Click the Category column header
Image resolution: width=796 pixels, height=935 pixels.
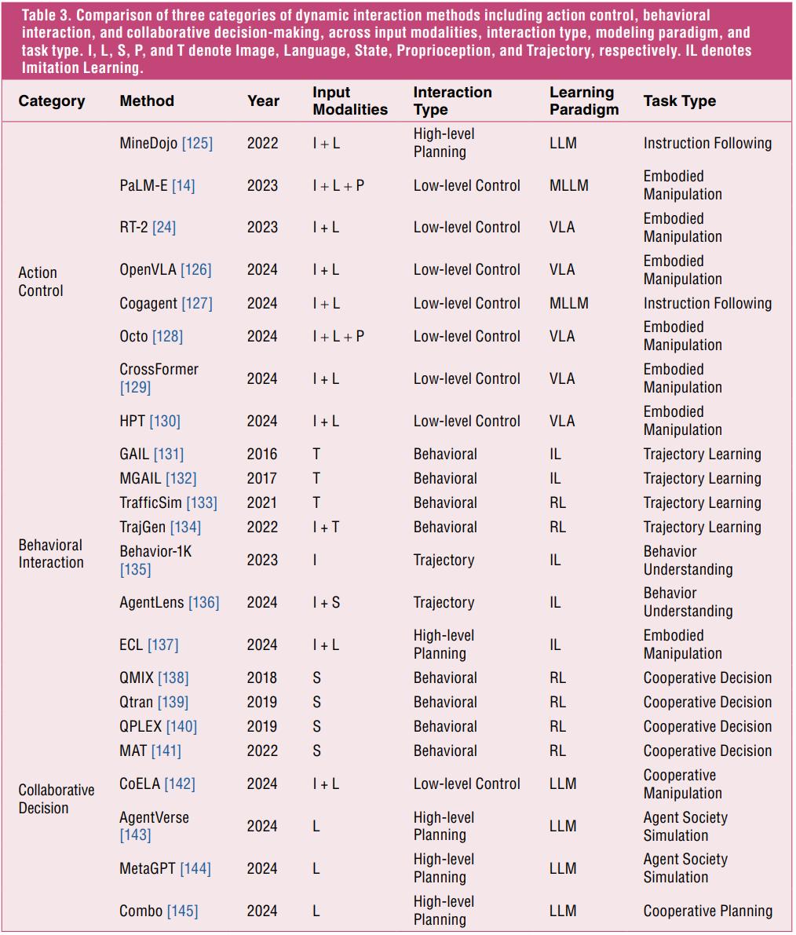(52, 100)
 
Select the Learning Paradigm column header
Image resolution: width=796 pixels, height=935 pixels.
(584, 100)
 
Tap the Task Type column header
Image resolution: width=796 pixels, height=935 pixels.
(680, 100)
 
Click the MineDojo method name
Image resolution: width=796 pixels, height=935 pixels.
(148, 143)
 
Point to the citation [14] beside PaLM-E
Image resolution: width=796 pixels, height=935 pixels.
(184, 185)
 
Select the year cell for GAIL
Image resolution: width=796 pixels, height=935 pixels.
(262, 454)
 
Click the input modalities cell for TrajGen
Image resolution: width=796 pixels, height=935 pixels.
(326, 527)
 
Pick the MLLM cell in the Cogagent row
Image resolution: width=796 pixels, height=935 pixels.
(569, 303)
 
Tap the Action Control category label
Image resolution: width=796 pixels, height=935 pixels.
(41, 282)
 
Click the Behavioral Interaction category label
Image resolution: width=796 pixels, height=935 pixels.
(51, 553)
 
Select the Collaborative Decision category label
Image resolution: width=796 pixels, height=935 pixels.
(56, 799)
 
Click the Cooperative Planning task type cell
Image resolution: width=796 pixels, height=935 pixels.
(708, 911)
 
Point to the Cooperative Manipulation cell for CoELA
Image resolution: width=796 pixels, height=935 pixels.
(683, 784)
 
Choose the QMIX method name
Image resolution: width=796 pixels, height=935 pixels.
(137, 678)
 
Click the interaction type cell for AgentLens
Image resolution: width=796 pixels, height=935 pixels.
(444, 602)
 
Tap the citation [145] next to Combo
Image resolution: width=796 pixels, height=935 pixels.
(182, 911)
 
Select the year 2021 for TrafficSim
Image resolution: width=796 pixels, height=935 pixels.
(262, 502)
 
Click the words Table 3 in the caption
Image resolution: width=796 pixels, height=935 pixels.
(46, 15)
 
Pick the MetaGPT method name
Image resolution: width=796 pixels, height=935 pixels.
(148, 868)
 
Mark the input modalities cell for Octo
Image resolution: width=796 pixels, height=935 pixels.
(338, 336)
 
